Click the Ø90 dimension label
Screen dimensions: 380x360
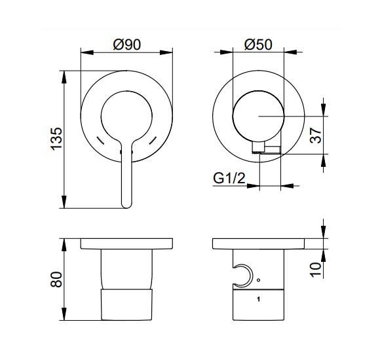[126, 45]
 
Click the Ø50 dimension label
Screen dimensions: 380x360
[258, 45]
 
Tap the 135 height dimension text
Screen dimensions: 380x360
[56, 139]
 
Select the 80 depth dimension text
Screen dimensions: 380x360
[56, 279]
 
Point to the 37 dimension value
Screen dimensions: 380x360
[316, 135]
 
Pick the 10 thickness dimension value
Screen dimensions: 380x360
[316, 270]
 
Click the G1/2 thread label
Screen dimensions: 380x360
[229, 178]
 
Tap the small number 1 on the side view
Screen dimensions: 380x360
[258, 300]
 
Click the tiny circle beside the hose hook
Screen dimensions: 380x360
[258, 280]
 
